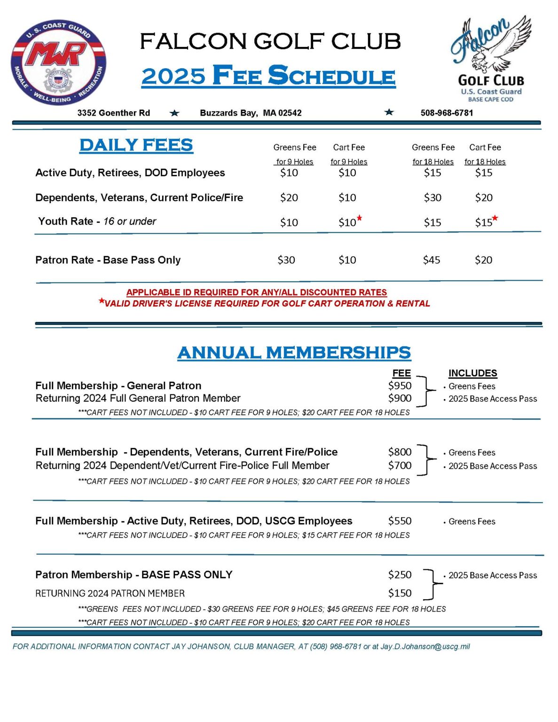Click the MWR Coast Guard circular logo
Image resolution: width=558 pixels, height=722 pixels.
[x=58, y=62]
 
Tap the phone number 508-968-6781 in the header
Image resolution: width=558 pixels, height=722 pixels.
[x=447, y=113]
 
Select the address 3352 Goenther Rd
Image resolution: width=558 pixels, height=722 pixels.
[x=114, y=113]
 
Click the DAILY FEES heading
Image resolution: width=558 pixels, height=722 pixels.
[x=136, y=145]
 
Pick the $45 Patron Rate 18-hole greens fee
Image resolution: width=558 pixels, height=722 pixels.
[x=432, y=260]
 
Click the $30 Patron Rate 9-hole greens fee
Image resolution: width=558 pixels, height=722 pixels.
[x=286, y=260]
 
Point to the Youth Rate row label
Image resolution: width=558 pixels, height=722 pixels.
[x=97, y=221]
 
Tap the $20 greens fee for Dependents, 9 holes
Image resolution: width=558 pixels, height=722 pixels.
[x=289, y=198]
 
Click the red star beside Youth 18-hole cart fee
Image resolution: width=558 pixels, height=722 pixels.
[x=495, y=218]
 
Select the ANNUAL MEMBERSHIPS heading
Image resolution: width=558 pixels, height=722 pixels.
[x=294, y=353]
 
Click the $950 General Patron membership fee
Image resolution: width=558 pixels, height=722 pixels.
[x=400, y=386]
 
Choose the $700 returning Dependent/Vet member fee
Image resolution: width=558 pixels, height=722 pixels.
[x=400, y=466]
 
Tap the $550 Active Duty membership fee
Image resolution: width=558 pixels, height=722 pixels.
[x=400, y=521]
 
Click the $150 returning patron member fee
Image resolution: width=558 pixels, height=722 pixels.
[x=400, y=593]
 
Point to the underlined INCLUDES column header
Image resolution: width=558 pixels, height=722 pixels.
[x=472, y=373]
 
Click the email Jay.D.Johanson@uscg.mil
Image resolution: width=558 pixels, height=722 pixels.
[x=425, y=647]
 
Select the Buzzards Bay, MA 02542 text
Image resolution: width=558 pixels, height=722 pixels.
[x=251, y=113]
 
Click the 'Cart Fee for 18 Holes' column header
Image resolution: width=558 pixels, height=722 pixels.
[x=485, y=154]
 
